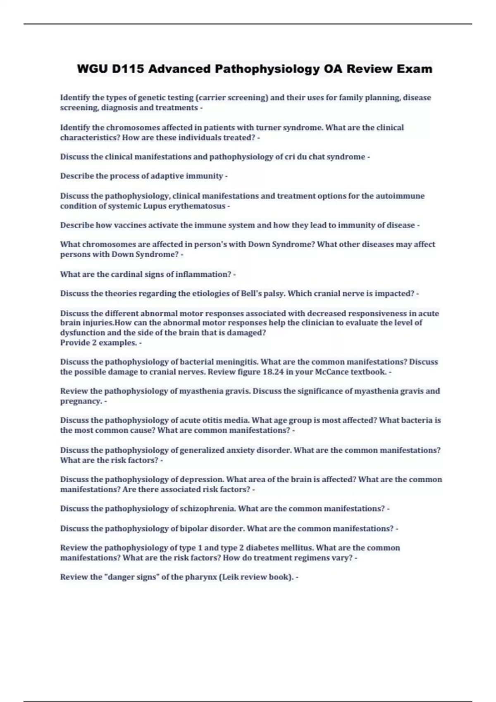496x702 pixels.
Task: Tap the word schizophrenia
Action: pos(208,509)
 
